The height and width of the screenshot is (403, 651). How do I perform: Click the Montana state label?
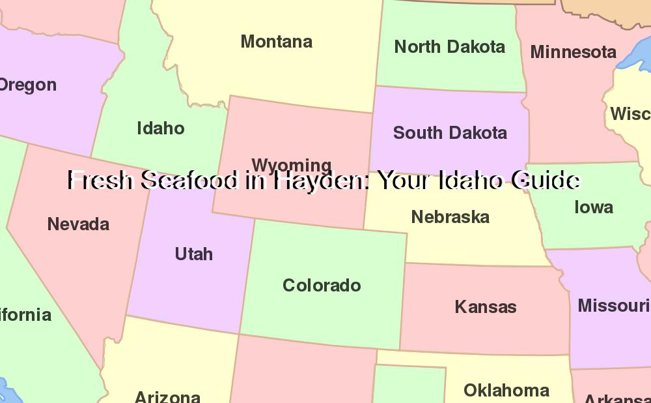click(277, 42)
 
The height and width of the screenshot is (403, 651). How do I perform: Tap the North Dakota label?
click(449, 47)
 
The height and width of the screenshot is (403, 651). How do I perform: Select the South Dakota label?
click(450, 133)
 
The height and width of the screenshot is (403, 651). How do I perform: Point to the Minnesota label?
click(573, 52)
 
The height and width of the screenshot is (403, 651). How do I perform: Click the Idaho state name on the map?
click(161, 128)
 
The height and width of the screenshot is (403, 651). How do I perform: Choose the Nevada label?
click(78, 224)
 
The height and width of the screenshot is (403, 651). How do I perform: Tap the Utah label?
click(194, 254)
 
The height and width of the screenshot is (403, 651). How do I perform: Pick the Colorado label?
click(322, 286)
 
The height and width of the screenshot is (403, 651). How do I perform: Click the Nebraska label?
click(450, 216)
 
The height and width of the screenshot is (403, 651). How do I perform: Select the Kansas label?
click(486, 307)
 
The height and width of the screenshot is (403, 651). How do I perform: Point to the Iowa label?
click(594, 207)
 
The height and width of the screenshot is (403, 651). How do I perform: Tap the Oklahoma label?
click(506, 391)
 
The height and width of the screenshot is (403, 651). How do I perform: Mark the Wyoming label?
click(291, 164)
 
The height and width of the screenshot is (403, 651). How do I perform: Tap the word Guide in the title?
click(545, 181)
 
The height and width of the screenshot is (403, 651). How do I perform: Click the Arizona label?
click(167, 396)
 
